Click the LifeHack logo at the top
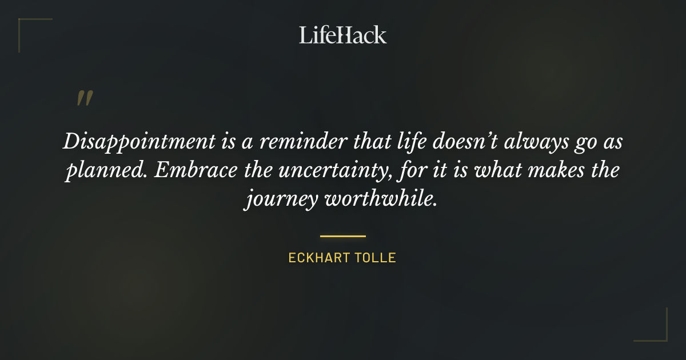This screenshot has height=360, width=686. click(x=343, y=35)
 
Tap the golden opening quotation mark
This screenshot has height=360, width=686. click(x=85, y=98)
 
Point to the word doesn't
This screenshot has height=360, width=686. click(x=454, y=142)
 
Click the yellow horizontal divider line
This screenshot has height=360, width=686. click(x=343, y=235)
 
